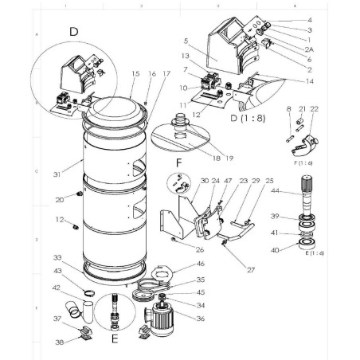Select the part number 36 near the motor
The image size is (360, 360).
click(200, 319)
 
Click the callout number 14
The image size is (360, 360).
click(287, 82)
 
